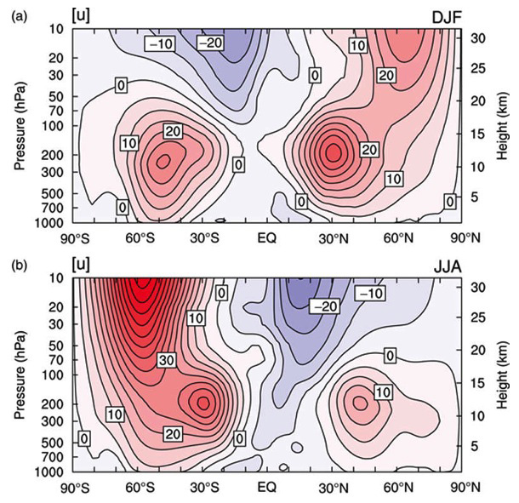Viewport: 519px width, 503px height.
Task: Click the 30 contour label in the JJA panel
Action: coord(166,361)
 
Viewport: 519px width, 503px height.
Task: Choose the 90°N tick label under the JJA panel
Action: coord(460,488)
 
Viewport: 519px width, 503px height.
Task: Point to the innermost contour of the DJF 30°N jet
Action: coord(334,151)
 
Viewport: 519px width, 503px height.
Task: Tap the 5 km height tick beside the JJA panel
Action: coord(476,446)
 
